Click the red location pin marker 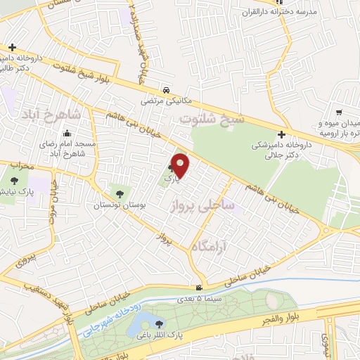[181, 165]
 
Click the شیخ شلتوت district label [213, 119]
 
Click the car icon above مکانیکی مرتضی [165, 90]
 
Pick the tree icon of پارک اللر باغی [160, 325]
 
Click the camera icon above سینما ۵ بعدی [200, 288]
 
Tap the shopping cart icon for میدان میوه [340, 112]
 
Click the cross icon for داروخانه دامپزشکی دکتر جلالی [281, 134]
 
